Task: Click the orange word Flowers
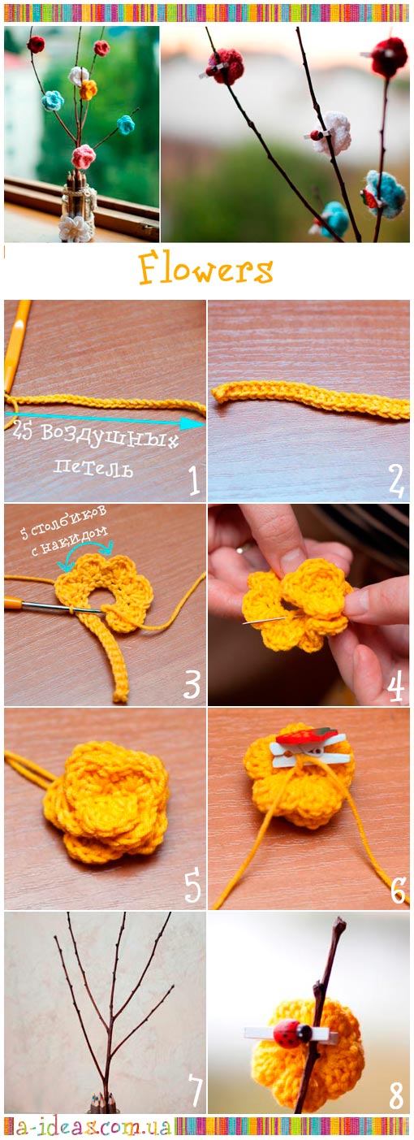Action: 205,269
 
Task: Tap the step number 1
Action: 193,480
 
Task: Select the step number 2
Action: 396,481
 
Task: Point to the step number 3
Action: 192,684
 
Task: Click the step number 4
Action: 395,685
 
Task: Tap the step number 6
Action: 398,889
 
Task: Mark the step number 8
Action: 396,1094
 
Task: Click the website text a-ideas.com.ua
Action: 90,1127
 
